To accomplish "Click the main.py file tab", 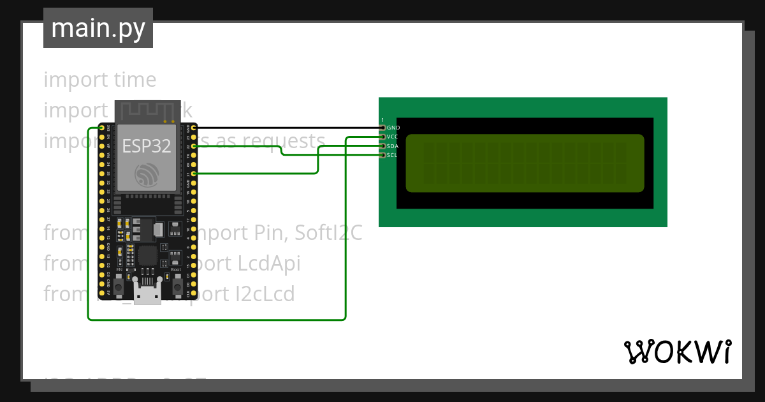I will (98, 28).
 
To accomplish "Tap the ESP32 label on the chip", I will (147, 146).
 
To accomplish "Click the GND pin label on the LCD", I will (393, 128).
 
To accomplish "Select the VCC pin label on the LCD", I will (393, 137).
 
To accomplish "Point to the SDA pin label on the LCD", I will (393, 146).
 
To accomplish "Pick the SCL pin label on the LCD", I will (392, 155).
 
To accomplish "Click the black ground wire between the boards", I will (287, 128).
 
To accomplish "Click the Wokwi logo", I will (677, 352).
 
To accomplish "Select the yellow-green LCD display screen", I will (525, 163).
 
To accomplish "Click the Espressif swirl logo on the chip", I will (146, 175).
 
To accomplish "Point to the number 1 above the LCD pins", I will (382, 120).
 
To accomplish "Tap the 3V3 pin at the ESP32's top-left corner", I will (101, 128).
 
